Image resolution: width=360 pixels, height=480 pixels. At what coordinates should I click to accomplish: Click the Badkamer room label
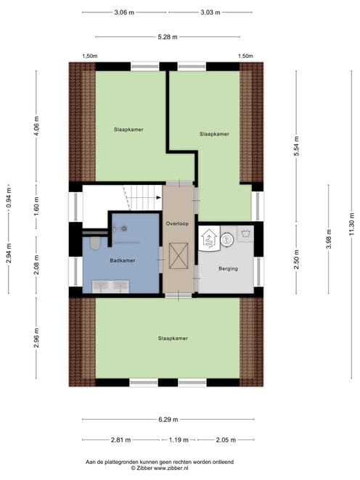click(122, 260)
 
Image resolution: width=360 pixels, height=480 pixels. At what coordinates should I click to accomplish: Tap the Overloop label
click(177, 223)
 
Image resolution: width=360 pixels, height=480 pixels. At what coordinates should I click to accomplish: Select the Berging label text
click(228, 268)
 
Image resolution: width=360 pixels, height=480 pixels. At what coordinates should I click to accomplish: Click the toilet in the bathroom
click(95, 242)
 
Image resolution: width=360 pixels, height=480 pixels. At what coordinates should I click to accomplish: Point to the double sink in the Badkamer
click(110, 286)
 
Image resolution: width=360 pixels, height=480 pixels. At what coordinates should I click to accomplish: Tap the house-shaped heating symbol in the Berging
click(209, 238)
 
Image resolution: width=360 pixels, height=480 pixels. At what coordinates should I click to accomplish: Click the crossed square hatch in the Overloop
click(179, 256)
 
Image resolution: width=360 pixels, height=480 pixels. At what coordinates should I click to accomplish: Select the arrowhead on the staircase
click(159, 197)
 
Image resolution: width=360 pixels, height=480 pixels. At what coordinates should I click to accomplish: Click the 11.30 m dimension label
click(351, 224)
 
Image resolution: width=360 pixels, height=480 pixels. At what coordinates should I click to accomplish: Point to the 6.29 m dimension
click(168, 419)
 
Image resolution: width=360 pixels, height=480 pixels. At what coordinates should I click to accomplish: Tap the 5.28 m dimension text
click(168, 37)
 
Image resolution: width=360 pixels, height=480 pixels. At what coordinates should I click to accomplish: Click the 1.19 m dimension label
click(179, 440)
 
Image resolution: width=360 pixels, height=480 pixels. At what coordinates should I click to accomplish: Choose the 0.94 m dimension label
click(9, 196)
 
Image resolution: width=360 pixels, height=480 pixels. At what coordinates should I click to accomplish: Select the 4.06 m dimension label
click(36, 126)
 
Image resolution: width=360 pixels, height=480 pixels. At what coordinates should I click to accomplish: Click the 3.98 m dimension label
click(329, 239)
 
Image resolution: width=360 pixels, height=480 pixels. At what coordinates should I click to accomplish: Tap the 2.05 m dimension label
click(226, 440)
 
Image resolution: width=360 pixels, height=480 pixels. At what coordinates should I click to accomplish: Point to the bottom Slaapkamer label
click(173, 339)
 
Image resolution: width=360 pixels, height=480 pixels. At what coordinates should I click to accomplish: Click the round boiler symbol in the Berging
click(227, 239)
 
